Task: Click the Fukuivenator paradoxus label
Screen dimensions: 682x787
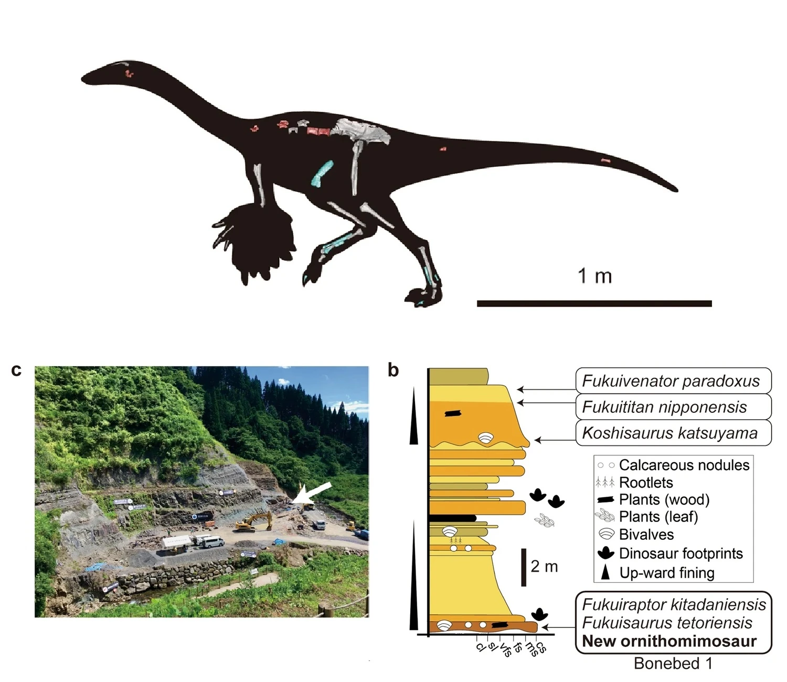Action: [x=671, y=381]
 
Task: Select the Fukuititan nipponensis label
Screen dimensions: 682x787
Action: [x=664, y=407]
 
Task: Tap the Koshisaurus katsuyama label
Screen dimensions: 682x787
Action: [x=669, y=433]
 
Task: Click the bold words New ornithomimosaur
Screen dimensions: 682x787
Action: [x=669, y=641]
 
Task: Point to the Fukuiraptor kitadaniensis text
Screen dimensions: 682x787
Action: [x=674, y=604]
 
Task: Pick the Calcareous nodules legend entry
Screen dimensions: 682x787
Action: [x=684, y=465]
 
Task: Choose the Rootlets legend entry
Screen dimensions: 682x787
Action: [x=646, y=483]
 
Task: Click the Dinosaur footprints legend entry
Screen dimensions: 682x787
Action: [x=680, y=553]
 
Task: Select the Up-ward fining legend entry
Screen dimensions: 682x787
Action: [x=666, y=573]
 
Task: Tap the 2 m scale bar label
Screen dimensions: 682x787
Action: [x=544, y=567]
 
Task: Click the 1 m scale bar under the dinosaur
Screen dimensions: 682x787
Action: [x=594, y=303]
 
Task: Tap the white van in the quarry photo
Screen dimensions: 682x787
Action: [x=210, y=542]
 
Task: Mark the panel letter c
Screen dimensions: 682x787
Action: [x=16, y=370]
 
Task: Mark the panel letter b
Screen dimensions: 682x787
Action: [x=393, y=370]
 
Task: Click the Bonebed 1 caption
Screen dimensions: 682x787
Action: [x=673, y=664]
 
